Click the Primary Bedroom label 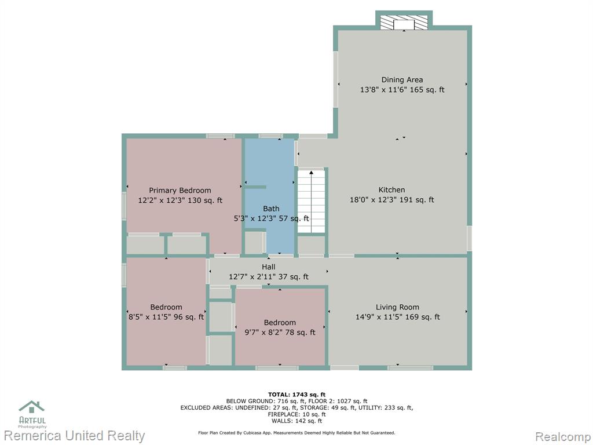point(180,190)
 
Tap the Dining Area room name point(402,80)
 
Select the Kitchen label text point(392,190)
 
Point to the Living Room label point(397,307)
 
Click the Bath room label point(271,209)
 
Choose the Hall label point(269,267)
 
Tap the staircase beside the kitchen point(311,201)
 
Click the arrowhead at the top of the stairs point(311,173)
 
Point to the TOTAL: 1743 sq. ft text point(296,395)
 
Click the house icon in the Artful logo point(32,407)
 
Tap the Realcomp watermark point(563,436)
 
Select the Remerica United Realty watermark point(75,436)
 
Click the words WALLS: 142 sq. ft point(296,421)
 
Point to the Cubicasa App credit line point(296,432)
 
